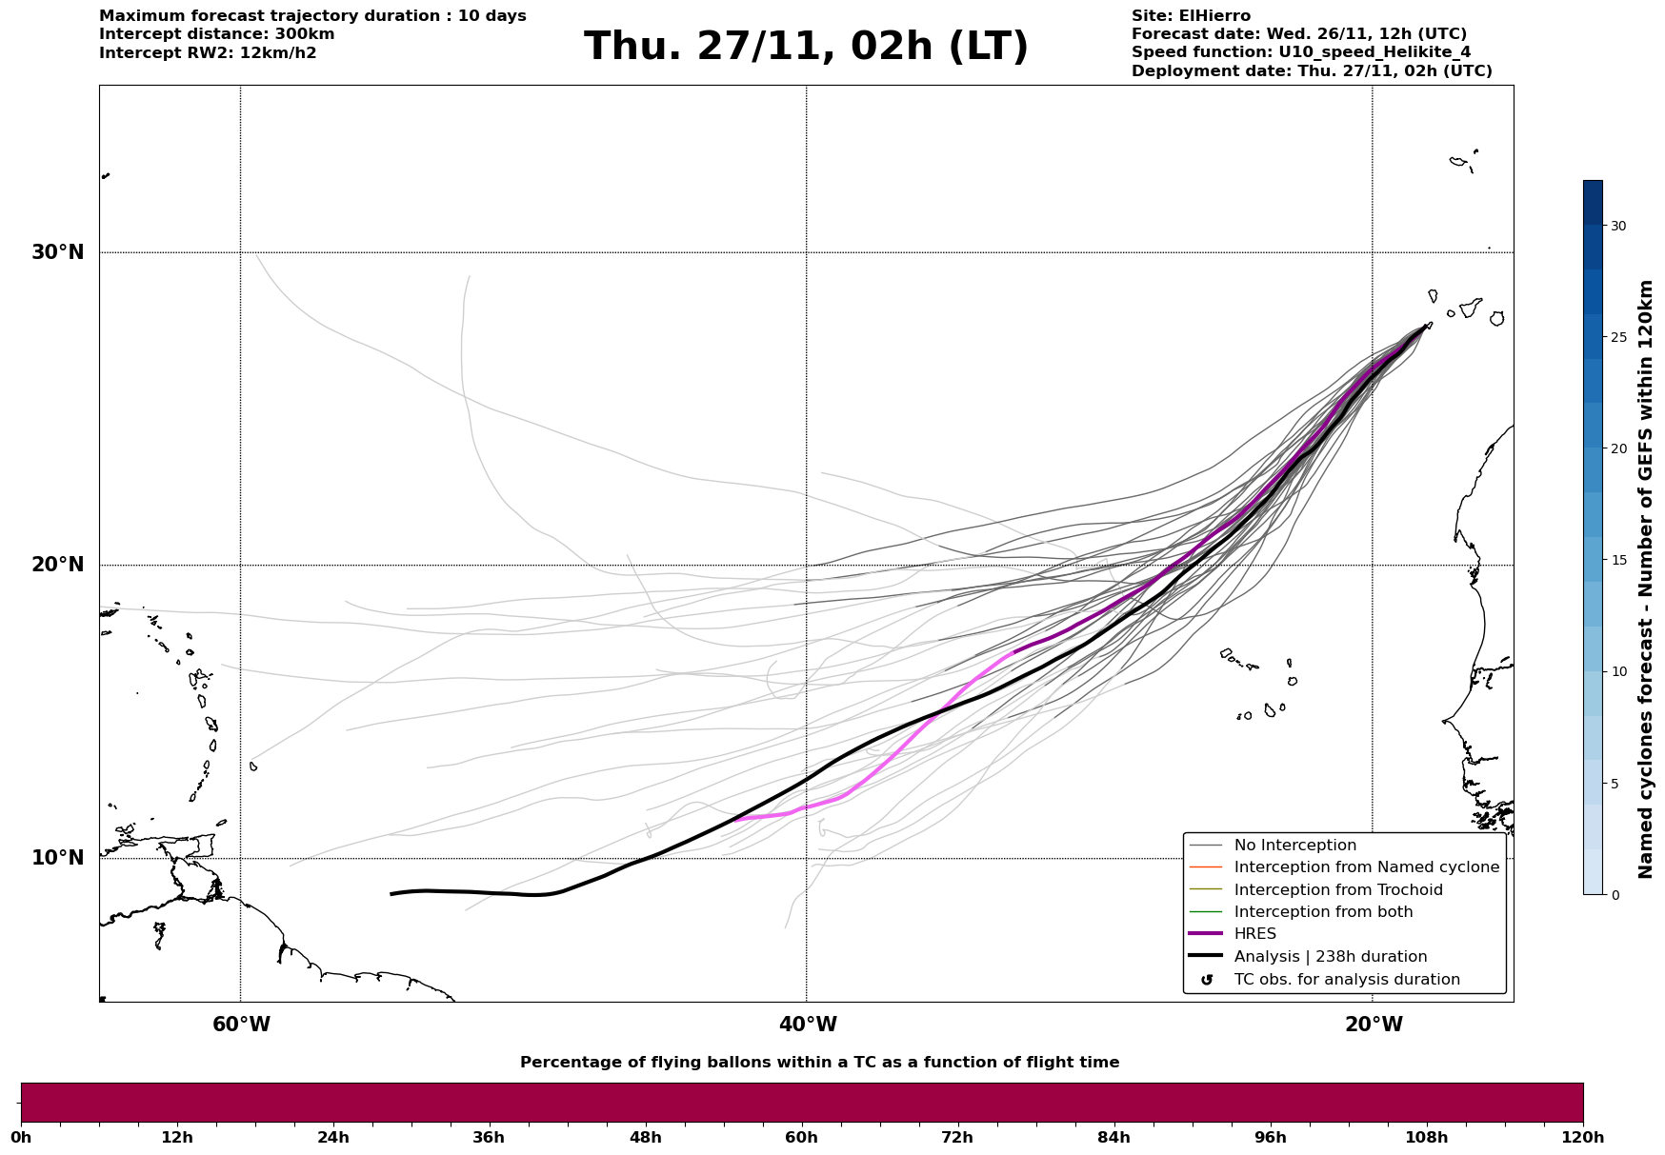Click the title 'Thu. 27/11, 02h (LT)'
[x=806, y=47]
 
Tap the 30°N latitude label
[x=57, y=252]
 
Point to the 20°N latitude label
[x=57, y=565]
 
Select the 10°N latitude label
[x=57, y=858]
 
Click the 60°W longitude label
[x=241, y=1025]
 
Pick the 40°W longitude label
[x=808, y=1025]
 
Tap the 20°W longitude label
[x=1374, y=1025]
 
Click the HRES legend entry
[x=1254, y=934]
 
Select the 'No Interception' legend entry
[x=1294, y=846]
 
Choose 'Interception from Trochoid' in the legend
[x=1337, y=890]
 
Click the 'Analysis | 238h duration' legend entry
[x=1330, y=957]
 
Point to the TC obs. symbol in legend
[x=1207, y=980]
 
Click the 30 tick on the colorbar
[x=1618, y=226]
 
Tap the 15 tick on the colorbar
[x=1618, y=560]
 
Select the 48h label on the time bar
[x=646, y=1137]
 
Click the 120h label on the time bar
[x=1583, y=1137]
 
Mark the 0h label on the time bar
[x=21, y=1137]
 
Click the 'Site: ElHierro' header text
[x=1191, y=16]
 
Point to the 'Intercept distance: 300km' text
[x=216, y=34]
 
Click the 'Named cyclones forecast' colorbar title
[x=1645, y=579]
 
